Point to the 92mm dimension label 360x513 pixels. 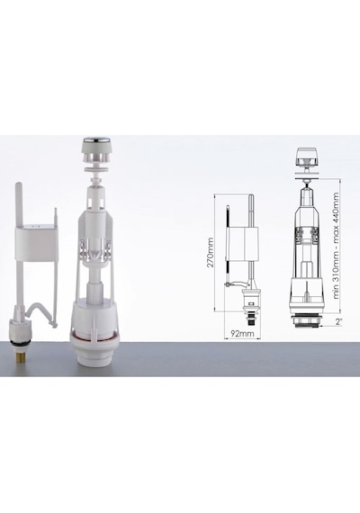pos(242,334)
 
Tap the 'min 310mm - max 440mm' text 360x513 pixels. pos(336,245)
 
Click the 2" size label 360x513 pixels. pos(338,322)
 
